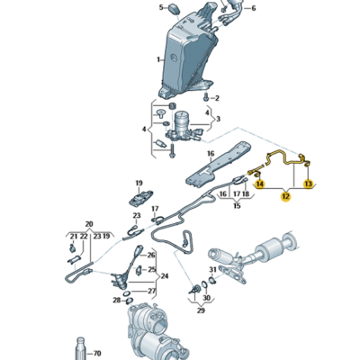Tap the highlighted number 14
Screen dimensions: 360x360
(260, 184)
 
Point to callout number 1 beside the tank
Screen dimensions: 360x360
(159, 59)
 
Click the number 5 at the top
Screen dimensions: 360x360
(162, 7)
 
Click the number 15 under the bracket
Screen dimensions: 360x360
(238, 206)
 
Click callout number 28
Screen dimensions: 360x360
(117, 299)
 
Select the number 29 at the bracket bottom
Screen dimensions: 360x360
(201, 310)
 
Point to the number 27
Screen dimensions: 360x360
(150, 291)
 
